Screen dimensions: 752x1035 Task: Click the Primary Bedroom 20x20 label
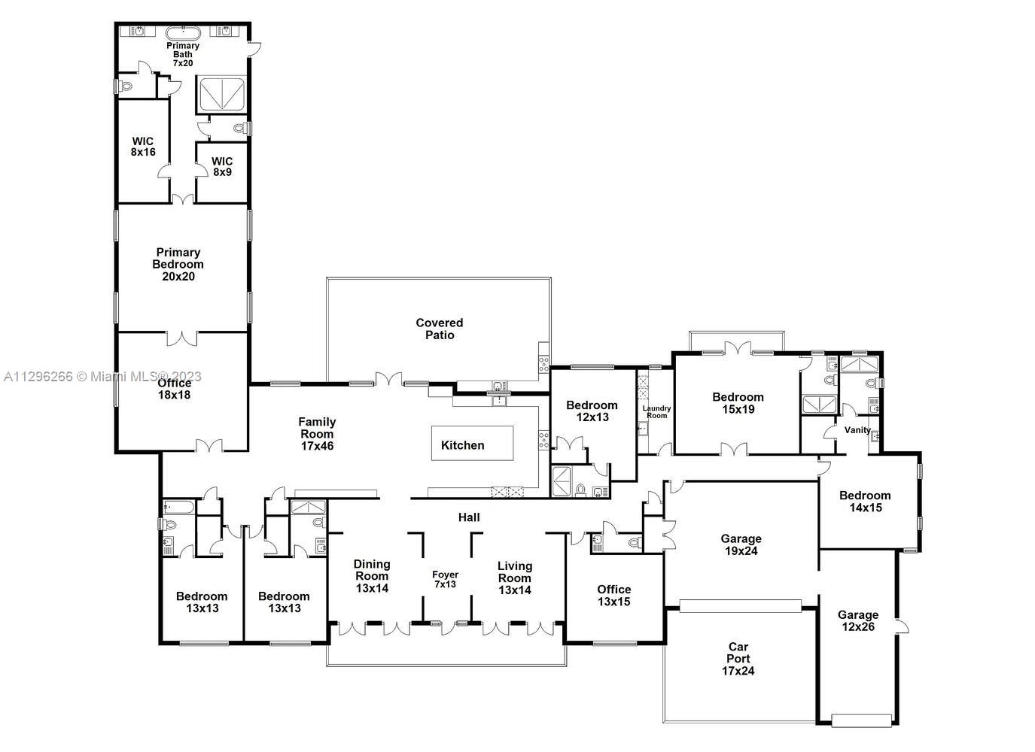tap(178, 265)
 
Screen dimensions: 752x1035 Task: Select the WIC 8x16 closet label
tap(143, 147)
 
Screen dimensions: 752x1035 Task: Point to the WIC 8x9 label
tap(222, 166)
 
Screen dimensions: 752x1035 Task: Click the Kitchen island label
tap(462, 445)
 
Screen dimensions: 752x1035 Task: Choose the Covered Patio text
tap(440, 329)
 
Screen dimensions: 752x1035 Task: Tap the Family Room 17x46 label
tap(317, 434)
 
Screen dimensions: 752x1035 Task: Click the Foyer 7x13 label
tap(445, 579)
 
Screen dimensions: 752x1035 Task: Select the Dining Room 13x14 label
tap(372, 576)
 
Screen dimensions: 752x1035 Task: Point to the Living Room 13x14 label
tap(515, 578)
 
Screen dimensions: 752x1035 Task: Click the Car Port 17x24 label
tap(738, 659)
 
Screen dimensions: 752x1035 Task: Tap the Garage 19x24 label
tap(741, 544)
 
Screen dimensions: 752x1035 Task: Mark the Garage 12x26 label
tap(857, 620)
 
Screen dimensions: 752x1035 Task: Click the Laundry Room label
tap(656, 412)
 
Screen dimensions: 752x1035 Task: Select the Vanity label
tap(857, 430)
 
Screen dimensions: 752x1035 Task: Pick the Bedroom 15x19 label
tap(738, 403)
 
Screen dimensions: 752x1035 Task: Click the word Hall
tap(469, 517)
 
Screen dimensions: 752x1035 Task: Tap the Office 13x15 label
tap(613, 596)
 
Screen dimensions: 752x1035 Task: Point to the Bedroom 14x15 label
tap(865, 502)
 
